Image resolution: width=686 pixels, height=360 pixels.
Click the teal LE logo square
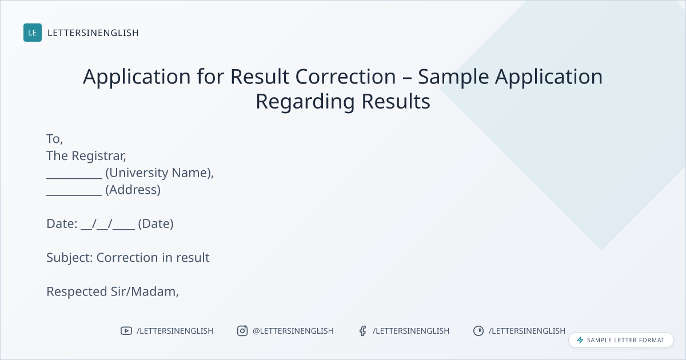point(33,33)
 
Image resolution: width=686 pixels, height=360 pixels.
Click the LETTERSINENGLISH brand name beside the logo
point(93,33)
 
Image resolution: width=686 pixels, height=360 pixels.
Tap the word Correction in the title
point(345,76)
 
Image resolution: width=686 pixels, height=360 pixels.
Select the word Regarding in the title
point(305,102)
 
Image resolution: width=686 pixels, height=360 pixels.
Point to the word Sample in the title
point(453,77)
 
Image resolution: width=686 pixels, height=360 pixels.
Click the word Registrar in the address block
point(98,156)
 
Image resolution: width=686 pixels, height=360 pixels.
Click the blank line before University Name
point(74,178)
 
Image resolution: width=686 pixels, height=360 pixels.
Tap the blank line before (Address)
point(74,195)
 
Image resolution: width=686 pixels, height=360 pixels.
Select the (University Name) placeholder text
point(159,173)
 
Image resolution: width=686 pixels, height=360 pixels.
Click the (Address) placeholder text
point(133,190)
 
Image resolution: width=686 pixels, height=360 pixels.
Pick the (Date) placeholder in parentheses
point(155,224)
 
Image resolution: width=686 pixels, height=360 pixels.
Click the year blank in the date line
point(123,229)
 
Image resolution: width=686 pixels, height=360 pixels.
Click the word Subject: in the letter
point(70,258)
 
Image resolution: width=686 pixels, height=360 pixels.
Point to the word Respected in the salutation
point(77,292)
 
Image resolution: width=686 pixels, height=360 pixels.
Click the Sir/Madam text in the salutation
point(145,292)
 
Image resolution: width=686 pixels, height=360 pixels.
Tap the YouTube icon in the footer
point(126,331)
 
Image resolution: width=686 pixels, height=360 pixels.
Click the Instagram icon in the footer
point(242,331)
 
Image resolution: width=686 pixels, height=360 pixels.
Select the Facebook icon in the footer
point(363,331)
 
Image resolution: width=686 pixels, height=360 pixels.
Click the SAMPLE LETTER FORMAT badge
point(621,340)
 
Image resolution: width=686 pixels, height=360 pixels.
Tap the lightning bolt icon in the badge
point(580,340)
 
